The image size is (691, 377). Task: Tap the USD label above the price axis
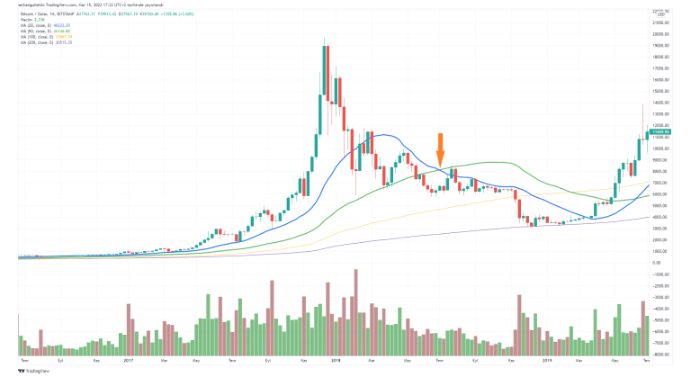tap(661, 13)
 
